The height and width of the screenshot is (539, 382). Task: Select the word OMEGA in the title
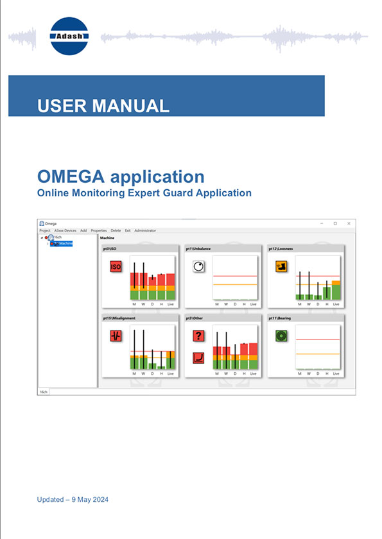coord(75,176)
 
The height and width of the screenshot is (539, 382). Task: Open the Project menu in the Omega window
coord(45,230)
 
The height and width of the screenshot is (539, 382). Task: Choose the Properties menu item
coord(99,230)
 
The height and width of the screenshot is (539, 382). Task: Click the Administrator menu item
coord(145,230)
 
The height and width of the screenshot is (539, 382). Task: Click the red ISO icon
coord(116,266)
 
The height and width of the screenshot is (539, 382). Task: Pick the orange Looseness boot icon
coord(281,266)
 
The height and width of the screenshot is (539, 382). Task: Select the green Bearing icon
coord(281,336)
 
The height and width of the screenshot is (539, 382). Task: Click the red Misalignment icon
coord(116,336)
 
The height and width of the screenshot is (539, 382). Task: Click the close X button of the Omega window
coord(349,223)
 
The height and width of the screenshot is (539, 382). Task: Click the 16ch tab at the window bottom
coord(44,391)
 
